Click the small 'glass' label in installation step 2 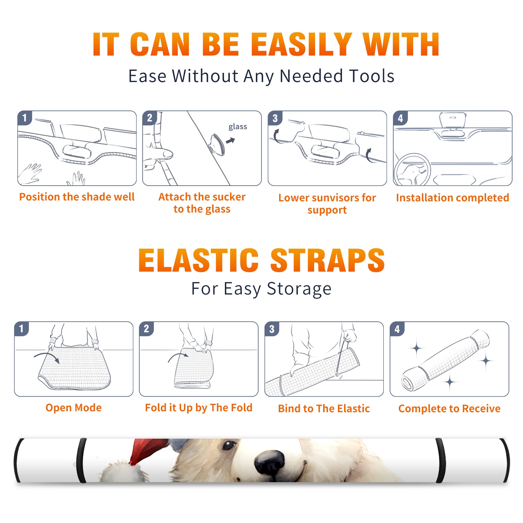point(238,127)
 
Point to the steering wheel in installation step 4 point(412,170)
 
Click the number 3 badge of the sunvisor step point(275,118)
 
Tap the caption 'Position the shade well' point(77,197)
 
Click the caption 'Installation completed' point(452,198)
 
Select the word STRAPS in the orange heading point(328,260)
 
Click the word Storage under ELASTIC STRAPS point(299,289)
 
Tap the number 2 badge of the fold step point(146,329)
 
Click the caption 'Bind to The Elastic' point(324,409)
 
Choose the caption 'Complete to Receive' point(449,409)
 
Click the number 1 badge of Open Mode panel point(22,329)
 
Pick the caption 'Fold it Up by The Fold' point(199,408)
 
